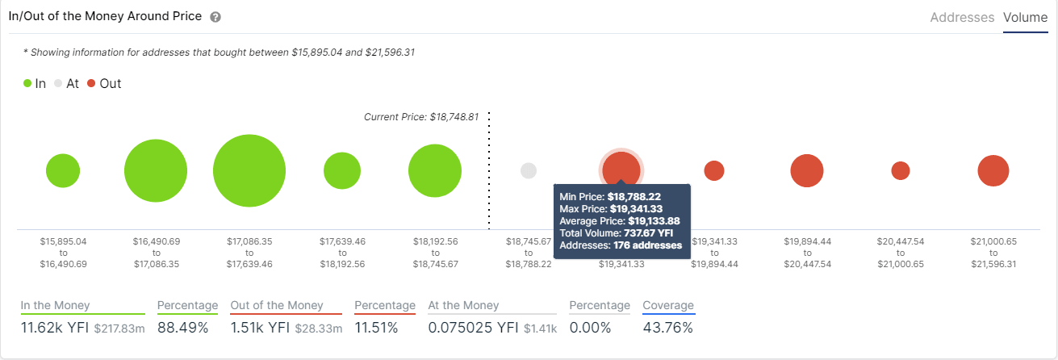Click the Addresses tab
[962, 17]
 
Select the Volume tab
[1025, 17]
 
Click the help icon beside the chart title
[215, 17]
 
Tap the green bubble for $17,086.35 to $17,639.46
[249, 171]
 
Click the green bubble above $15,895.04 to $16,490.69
[63, 171]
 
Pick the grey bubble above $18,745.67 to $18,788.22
[529, 171]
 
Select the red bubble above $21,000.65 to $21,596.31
[993, 171]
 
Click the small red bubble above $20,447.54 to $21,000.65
[901, 171]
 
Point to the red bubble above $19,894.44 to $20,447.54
[807, 171]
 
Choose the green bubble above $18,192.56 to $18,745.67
[435, 171]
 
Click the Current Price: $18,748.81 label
[421, 117]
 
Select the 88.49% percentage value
[182, 328]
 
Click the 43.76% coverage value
[667, 328]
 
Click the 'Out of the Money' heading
[276, 306]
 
